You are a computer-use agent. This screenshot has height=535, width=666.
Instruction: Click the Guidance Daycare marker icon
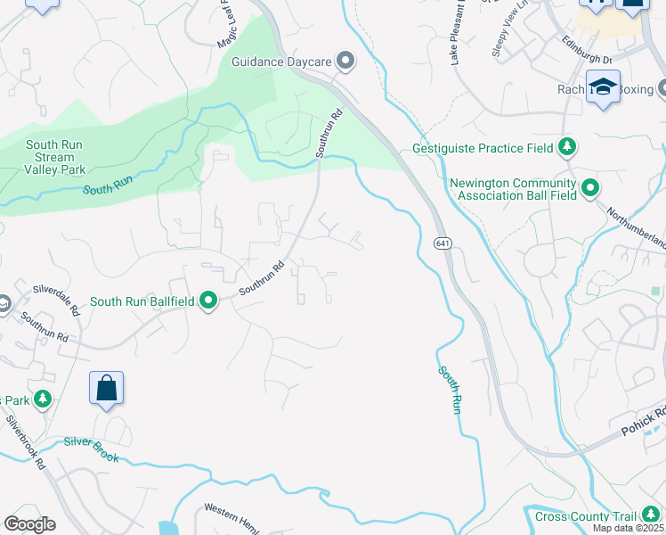tap(345, 62)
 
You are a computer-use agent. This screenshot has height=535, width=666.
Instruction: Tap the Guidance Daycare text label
tap(281, 62)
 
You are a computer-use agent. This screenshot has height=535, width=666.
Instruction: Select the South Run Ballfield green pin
tap(208, 301)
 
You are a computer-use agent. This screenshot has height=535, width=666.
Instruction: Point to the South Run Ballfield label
tap(142, 302)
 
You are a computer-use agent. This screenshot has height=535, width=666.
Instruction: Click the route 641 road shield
tap(443, 243)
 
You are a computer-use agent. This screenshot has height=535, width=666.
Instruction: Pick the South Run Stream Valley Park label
tap(54, 157)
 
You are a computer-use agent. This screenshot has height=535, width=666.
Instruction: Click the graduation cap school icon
tap(603, 86)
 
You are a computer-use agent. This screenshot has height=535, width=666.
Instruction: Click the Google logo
tap(29, 524)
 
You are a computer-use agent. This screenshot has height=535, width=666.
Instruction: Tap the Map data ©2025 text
tap(629, 529)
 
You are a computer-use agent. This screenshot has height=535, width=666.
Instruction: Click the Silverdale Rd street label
tap(55, 299)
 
